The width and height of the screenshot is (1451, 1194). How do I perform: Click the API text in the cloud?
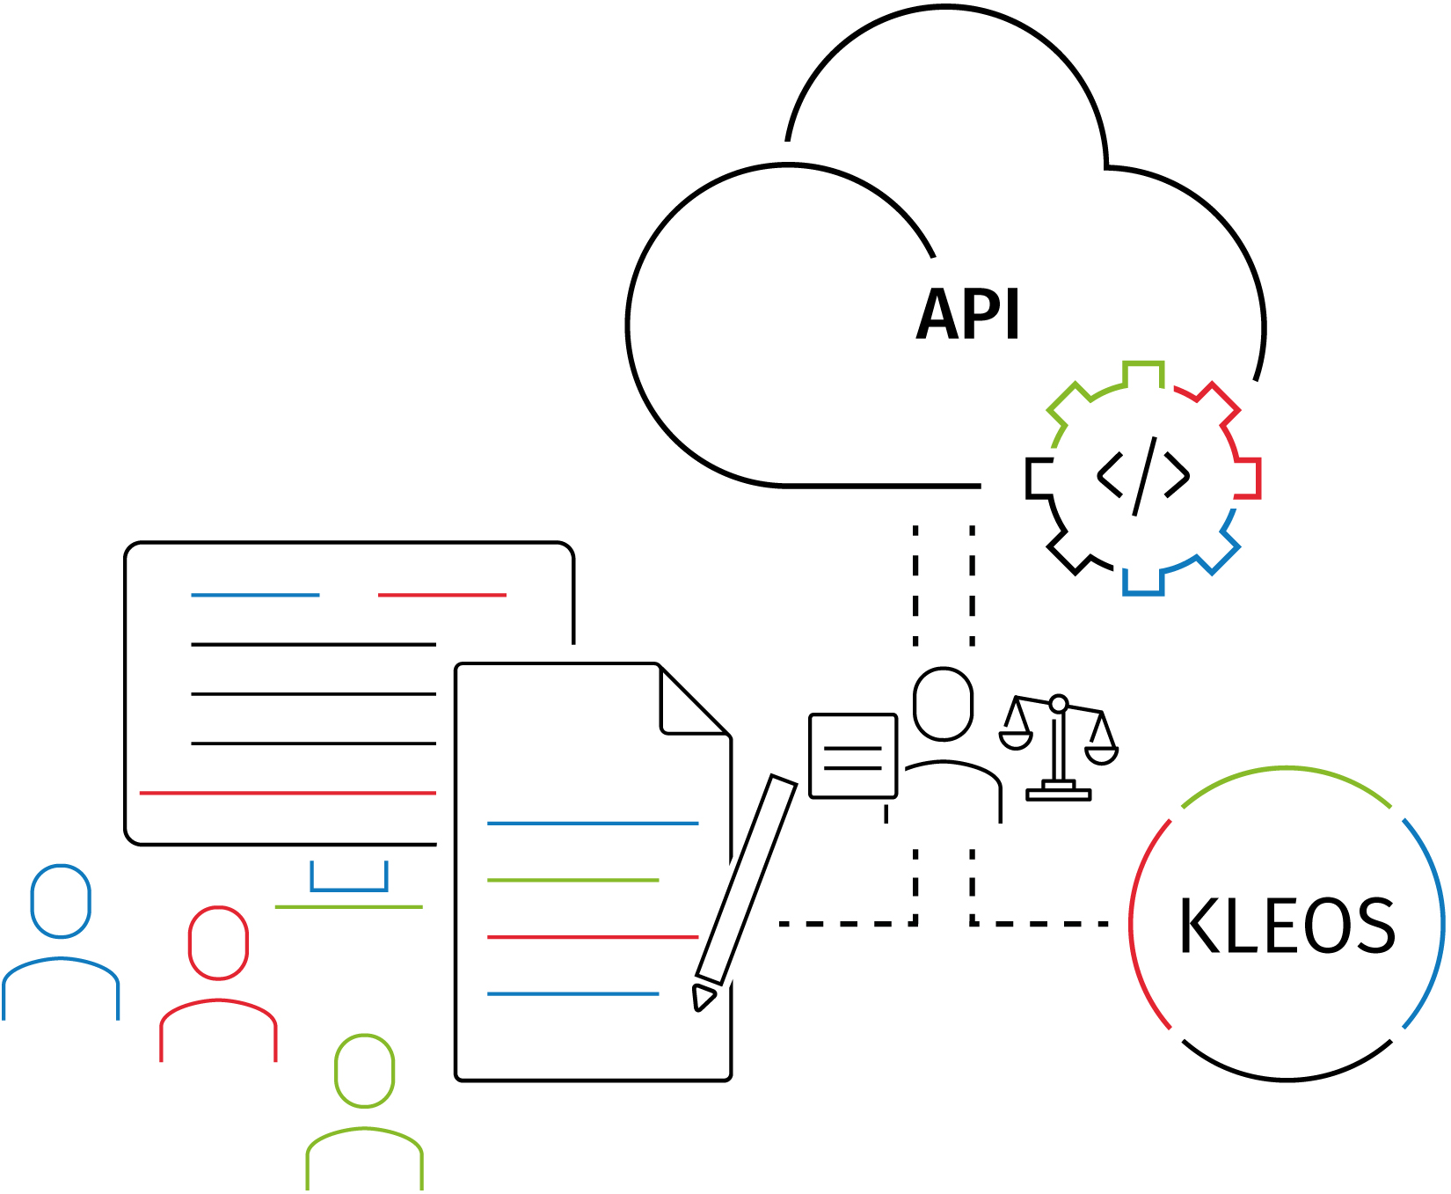[x=968, y=314]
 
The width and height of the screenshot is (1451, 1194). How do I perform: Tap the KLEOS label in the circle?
[x=1287, y=926]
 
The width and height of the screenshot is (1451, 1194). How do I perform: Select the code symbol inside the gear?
[x=1143, y=476]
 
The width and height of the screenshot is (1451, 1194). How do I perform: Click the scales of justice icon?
[x=1059, y=747]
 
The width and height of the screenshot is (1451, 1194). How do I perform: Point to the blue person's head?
[x=61, y=901]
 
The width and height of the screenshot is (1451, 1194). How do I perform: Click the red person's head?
[x=218, y=942]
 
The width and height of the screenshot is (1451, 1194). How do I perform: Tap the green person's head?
[x=364, y=1071]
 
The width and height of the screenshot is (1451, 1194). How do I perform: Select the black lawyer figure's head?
[x=943, y=704]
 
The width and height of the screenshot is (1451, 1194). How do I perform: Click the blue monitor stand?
[x=349, y=880]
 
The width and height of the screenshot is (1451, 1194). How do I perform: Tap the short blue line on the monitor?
[x=255, y=596]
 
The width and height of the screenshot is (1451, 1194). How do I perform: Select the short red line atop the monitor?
[x=441, y=596]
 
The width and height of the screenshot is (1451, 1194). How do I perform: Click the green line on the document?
[x=572, y=880]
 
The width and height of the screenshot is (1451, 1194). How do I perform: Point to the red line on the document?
[x=592, y=937]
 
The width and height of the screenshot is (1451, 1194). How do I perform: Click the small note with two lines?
[x=852, y=756]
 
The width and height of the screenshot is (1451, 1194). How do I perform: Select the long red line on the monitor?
[x=288, y=793]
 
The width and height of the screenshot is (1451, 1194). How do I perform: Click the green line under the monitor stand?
[x=348, y=906]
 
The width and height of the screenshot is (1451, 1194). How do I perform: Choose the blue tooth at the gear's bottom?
[x=1143, y=582]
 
